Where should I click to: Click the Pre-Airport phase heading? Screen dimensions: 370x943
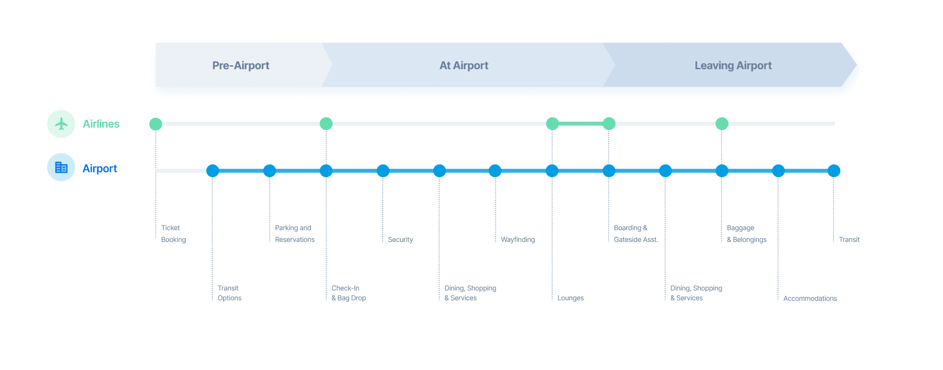pos(241,65)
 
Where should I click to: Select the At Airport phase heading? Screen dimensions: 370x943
pos(464,65)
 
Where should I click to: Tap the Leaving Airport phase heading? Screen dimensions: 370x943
pos(733,65)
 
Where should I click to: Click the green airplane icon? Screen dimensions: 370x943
pos(61,124)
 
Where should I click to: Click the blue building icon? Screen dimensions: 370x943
pos(61,167)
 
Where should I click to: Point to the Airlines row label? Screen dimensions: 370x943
pos(101,124)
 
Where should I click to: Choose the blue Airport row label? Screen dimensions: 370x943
pos(100,168)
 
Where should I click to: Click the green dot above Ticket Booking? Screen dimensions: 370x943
pos(156,124)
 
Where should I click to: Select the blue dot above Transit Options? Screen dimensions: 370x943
pos(213,171)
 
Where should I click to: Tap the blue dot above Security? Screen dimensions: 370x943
pos(383,171)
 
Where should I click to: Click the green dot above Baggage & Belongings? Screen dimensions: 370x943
pos(722,124)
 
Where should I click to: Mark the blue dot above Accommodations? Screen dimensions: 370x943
pos(778,171)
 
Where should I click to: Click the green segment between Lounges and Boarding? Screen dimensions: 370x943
pos(581,124)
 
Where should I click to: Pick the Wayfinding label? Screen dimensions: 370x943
pos(518,239)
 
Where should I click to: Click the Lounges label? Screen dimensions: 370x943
pos(570,298)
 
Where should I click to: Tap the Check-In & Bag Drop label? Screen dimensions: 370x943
pos(348,293)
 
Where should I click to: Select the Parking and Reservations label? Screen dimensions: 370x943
pos(295,234)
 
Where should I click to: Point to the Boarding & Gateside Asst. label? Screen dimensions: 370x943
pos(636,234)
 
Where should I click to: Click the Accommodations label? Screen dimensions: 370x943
pos(810,298)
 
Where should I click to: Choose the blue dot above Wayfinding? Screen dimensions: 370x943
pos(495,171)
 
